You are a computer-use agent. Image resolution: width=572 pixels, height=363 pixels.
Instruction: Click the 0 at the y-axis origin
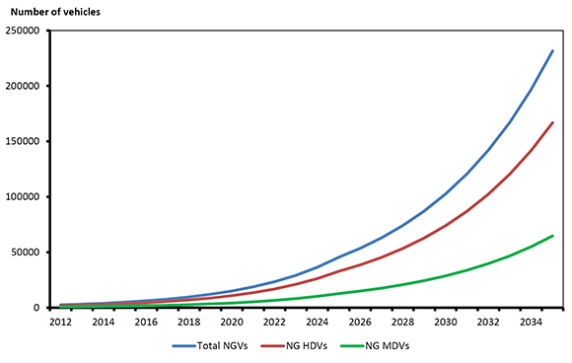(43, 307)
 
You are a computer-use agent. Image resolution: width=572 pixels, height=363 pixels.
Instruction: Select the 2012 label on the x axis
(60, 322)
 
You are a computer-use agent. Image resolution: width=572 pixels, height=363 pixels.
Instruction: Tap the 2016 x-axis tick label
(146, 322)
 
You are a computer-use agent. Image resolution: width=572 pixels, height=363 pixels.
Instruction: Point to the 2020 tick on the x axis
(232, 322)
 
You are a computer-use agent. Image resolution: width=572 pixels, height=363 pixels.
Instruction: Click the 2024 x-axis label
(317, 322)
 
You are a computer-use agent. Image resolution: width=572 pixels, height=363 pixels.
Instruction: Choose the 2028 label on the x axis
(402, 322)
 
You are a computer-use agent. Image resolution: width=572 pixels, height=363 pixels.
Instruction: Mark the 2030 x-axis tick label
(445, 322)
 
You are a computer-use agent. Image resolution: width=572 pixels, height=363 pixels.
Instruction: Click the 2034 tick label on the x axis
(531, 322)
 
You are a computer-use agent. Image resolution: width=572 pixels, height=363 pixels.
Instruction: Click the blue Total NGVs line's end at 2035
(552, 50)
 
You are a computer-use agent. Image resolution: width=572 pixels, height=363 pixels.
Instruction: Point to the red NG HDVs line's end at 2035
(552, 122)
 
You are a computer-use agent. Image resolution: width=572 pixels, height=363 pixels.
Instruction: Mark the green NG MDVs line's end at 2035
(552, 236)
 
